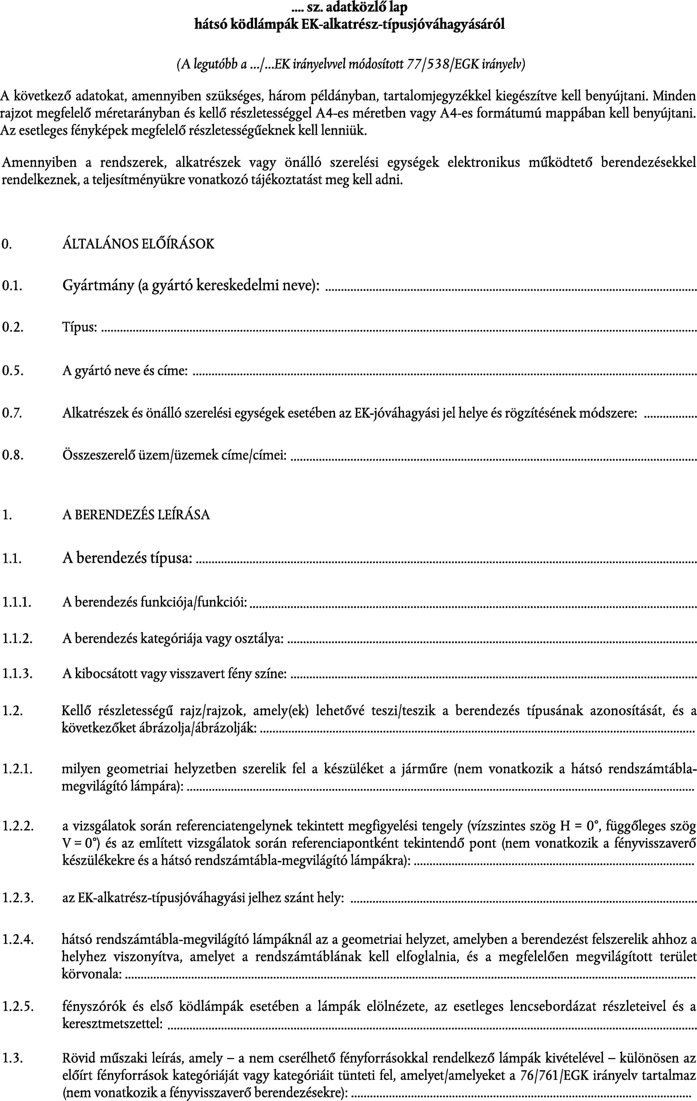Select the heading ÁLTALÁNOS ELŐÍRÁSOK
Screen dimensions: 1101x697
138,244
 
